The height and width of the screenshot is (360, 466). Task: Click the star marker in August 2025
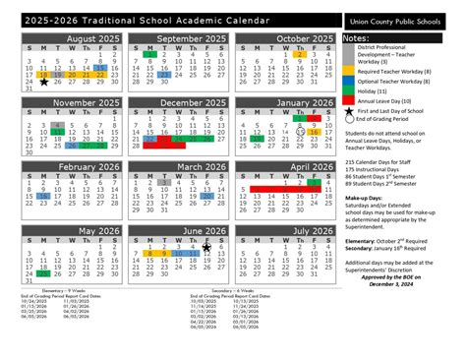coord(44,84)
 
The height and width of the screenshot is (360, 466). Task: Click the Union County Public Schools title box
coord(402,20)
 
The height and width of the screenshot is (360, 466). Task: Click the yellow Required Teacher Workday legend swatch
coord(348,71)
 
